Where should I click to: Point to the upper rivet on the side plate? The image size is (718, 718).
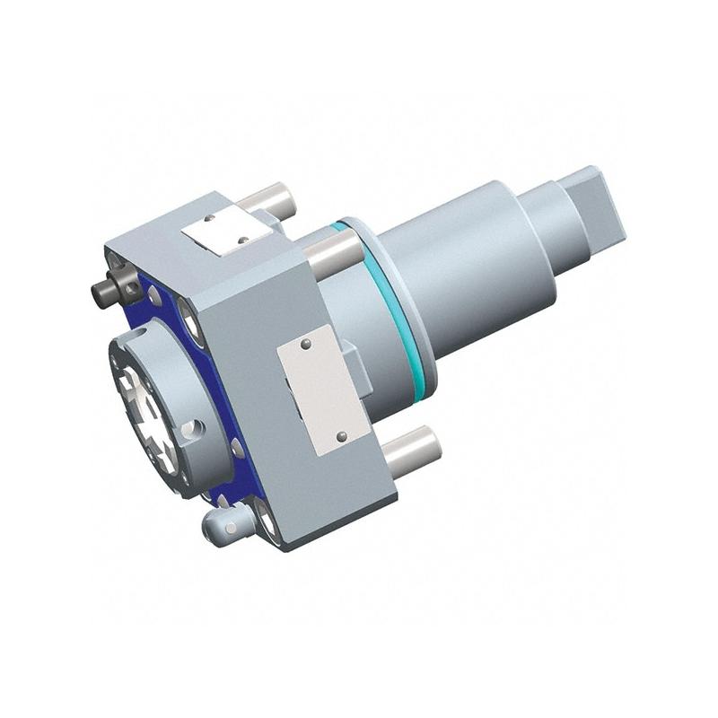[x=306, y=345]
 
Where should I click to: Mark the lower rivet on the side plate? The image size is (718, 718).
[x=341, y=436]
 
